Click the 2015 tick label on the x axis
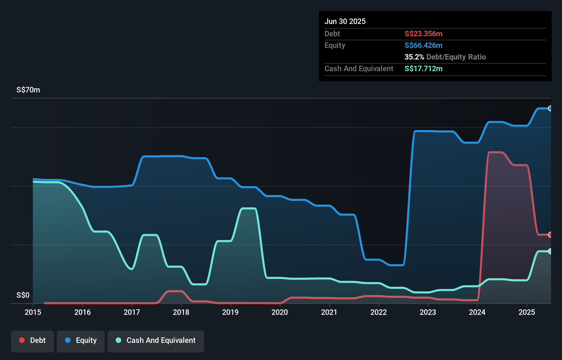click(x=33, y=312)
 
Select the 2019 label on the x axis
click(x=230, y=312)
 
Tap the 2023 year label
click(x=428, y=312)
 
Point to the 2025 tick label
click(x=527, y=312)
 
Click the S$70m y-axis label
click(x=28, y=90)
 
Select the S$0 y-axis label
click(x=23, y=295)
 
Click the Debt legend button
click(x=33, y=340)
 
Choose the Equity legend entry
click(x=81, y=340)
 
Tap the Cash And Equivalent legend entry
click(x=156, y=340)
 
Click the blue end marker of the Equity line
click(x=550, y=108)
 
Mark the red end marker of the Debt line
click(x=550, y=235)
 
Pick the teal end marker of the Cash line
click(x=550, y=251)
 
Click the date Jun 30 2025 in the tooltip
click(x=345, y=22)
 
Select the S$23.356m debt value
click(x=423, y=34)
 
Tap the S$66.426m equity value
click(x=423, y=46)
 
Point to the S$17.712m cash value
click(x=423, y=69)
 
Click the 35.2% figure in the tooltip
click(x=414, y=57)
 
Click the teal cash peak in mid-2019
click(x=249, y=208)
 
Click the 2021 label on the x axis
click(x=329, y=312)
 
